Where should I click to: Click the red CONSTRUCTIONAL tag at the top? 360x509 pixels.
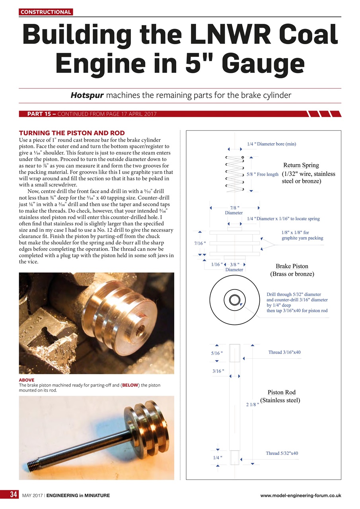[x=46, y=12]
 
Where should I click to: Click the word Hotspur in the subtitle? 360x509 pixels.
[x=87, y=95]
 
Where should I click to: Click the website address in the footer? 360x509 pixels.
[x=300, y=495]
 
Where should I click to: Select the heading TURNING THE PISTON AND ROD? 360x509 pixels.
[x=72, y=133]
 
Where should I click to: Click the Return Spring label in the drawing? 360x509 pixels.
[x=301, y=165]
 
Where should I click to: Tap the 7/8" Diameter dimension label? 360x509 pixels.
[x=234, y=210]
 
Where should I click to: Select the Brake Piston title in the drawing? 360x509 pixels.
[x=292, y=266]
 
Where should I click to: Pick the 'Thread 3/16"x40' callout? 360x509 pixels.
[x=284, y=352]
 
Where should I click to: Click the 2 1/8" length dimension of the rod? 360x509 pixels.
[x=253, y=405]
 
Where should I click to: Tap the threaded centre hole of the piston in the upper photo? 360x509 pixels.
[x=141, y=329]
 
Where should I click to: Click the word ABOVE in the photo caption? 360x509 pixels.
[x=27, y=380]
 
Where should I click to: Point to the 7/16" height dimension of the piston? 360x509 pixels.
[x=199, y=242]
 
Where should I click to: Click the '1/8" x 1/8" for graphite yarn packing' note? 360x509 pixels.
[x=302, y=235]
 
